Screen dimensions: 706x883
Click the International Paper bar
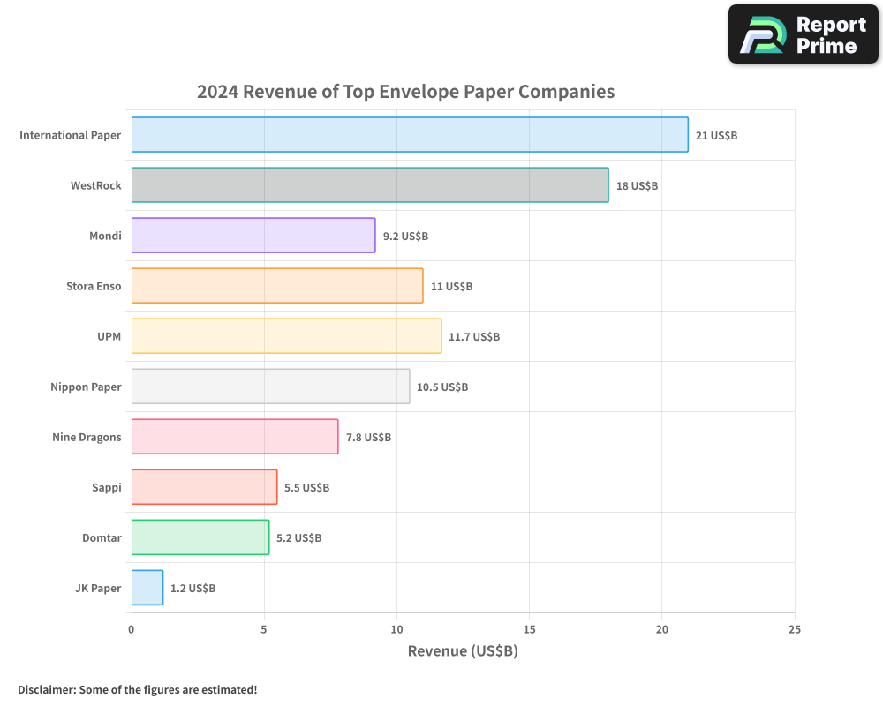410,135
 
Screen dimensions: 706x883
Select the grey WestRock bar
370,185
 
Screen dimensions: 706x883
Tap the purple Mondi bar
253,236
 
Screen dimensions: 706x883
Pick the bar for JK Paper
147,588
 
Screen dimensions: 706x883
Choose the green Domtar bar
200,537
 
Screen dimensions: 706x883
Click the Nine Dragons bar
235,437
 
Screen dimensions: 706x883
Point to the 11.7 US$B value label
474,336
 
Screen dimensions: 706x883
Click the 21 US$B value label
716,135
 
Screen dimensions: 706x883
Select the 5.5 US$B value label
306,487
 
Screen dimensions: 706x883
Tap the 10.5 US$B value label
442,387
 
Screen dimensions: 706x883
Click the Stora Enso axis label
94,286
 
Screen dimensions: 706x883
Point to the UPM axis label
109,336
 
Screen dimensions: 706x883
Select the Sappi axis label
107,487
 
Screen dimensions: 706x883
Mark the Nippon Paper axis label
86,387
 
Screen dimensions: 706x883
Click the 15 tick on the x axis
529,629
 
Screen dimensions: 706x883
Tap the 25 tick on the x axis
795,629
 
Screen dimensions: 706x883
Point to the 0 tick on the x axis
132,629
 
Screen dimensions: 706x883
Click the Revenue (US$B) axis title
463,651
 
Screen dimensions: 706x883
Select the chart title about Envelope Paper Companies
405,92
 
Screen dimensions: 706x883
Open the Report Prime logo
804,34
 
